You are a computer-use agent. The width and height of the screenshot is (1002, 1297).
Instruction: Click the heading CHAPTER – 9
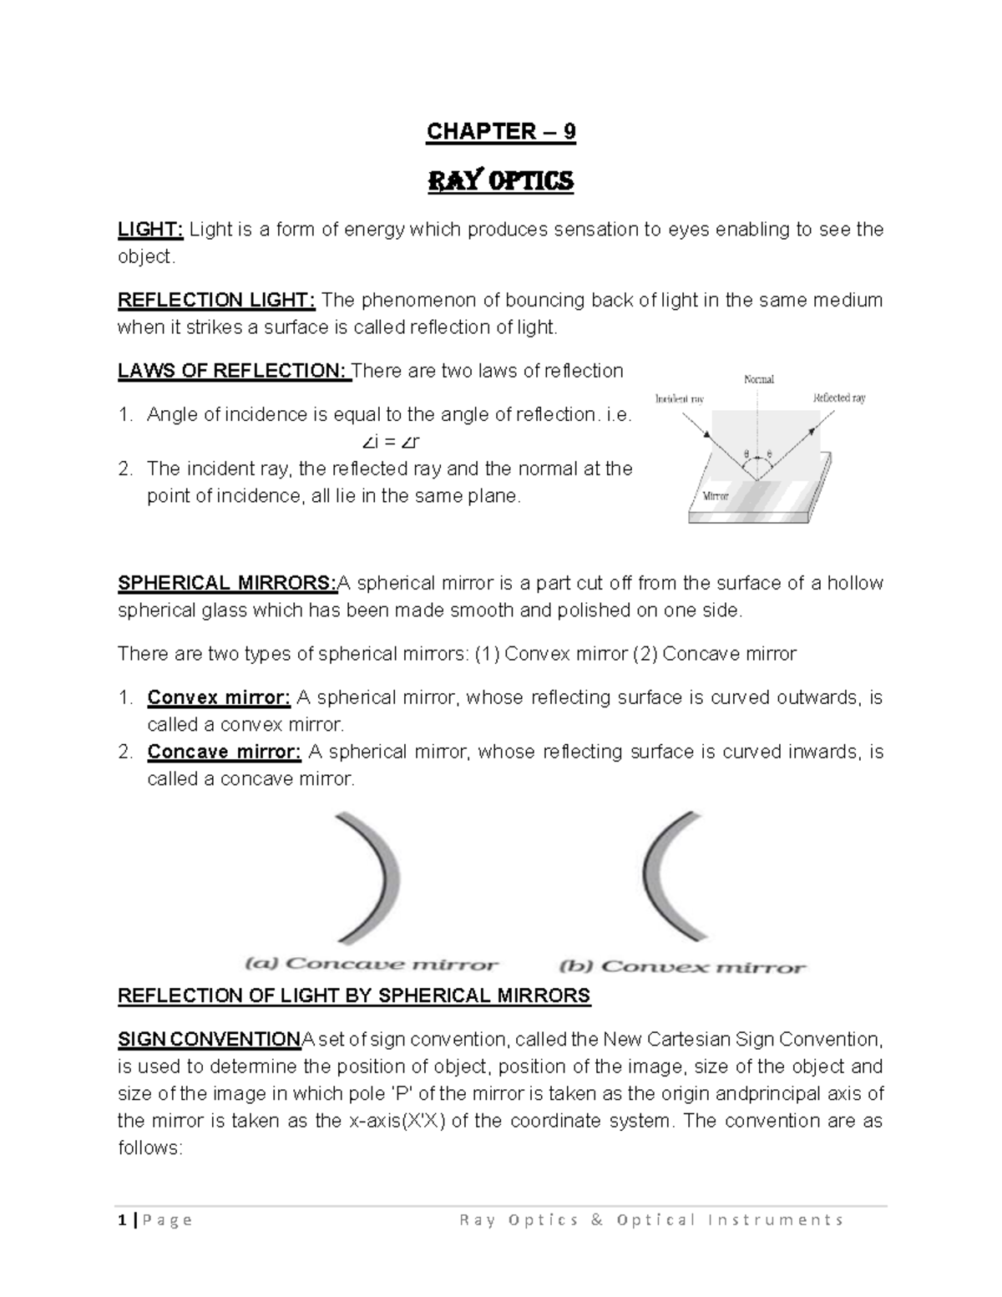(501, 132)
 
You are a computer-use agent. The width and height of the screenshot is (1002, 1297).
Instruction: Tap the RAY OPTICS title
(501, 181)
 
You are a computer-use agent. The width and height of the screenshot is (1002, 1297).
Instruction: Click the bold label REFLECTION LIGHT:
(216, 300)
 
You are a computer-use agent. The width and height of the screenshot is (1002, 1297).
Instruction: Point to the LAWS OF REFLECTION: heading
(234, 371)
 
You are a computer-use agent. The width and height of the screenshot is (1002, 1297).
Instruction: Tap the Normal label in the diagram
(758, 379)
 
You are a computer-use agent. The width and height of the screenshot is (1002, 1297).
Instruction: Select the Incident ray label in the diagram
(680, 398)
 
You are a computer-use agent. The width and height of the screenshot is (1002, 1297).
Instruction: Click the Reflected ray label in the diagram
(838, 398)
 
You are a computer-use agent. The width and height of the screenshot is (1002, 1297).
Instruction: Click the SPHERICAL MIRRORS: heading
(225, 583)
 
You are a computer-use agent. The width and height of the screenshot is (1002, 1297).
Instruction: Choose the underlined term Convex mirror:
(219, 697)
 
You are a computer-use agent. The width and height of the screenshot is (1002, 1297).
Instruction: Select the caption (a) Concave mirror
(372, 964)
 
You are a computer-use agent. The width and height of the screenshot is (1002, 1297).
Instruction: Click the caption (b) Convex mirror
(682, 966)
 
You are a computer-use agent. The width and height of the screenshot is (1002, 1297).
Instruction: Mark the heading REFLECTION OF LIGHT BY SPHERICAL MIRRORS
(354, 996)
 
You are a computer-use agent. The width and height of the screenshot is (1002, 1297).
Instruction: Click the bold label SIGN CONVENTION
(209, 1040)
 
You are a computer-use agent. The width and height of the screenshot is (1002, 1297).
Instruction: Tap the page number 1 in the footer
(122, 1220)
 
